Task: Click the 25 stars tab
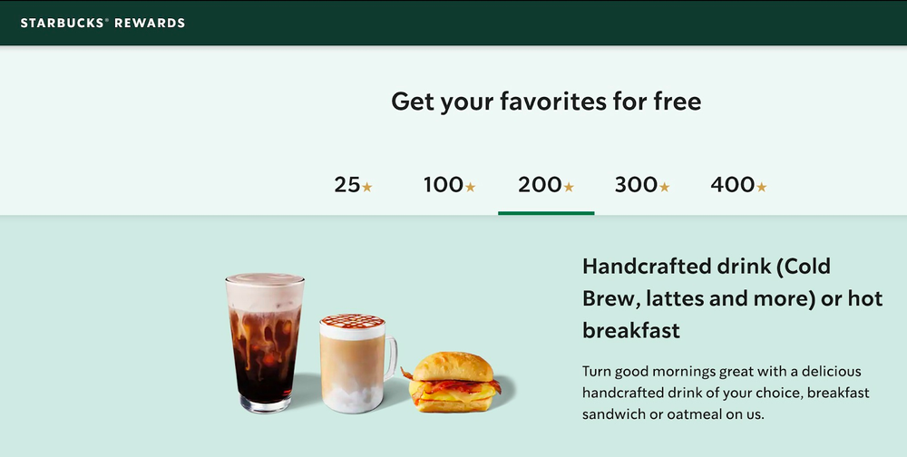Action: click(x=353, y=185)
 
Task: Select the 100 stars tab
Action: click(x=449, y=185)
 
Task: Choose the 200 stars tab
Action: click(x=545, y=185)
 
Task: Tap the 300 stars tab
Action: click(x=641, y=185)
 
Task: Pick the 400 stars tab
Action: click(x=738, y=185)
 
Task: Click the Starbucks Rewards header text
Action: click(x=102, y=23)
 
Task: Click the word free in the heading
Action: click(x=677, y=101)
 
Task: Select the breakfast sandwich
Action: click(x=453, y=381)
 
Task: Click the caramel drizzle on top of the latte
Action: click(x=352, y=320)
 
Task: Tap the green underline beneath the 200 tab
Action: click(x=546, y=213)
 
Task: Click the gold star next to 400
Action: click(x=761, y=188)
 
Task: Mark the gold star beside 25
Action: click(x=366, y=188)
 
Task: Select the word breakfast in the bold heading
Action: click(x=631, y=330)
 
